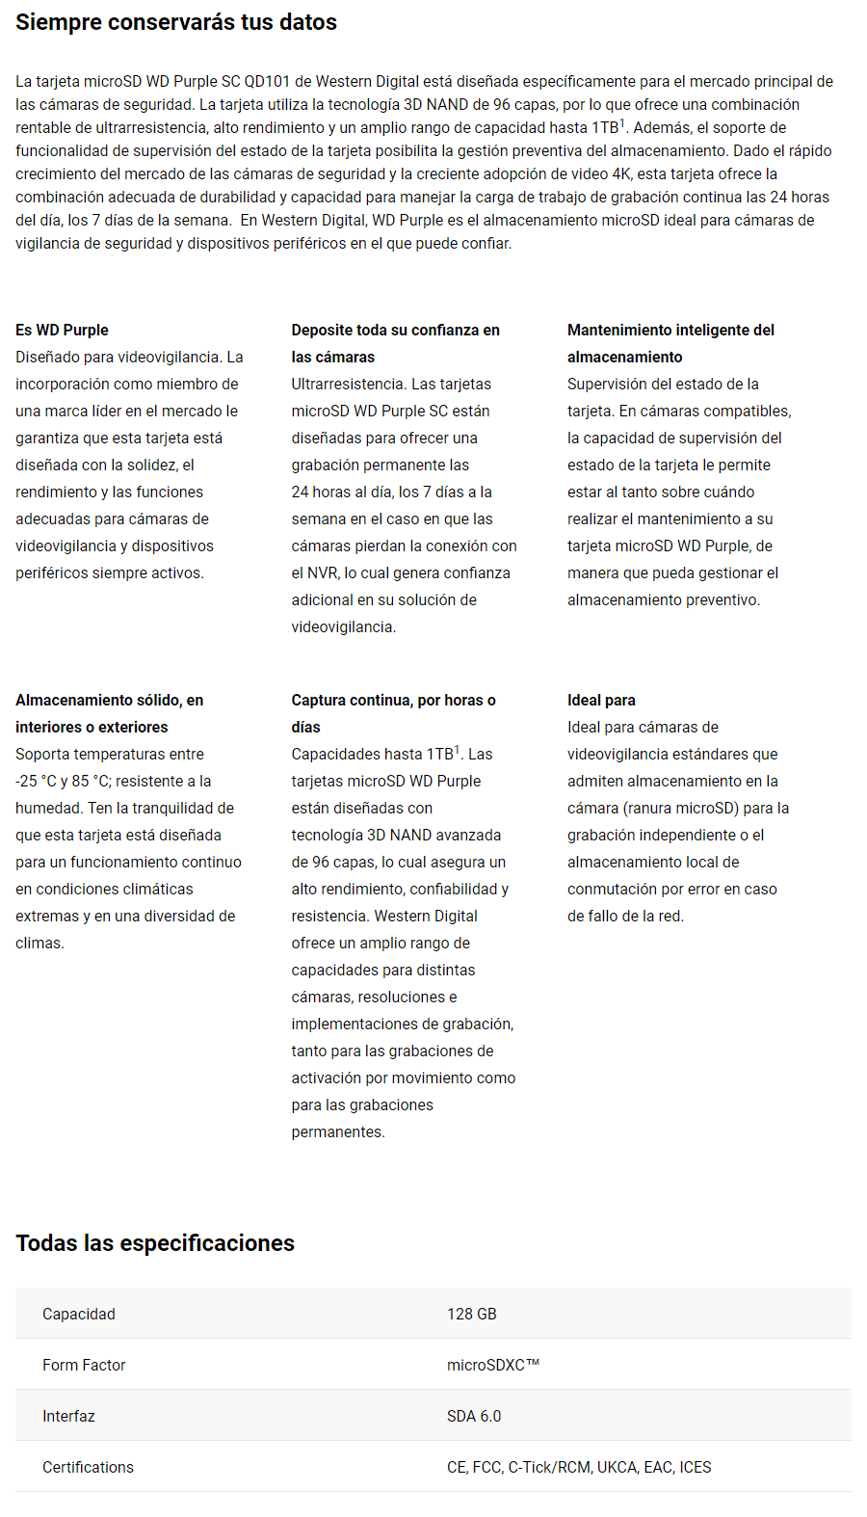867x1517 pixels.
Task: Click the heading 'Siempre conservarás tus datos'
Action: point(176,22)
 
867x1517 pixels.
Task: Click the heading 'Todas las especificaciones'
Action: point(155,1243)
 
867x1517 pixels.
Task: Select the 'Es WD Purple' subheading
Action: point(62,330)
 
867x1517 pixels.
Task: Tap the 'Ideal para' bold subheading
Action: point(601,700)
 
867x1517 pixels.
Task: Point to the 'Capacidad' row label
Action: point(79,1314)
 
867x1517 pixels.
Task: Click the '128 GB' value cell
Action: point(472,1314)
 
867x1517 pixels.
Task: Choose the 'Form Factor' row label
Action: point(84,1365)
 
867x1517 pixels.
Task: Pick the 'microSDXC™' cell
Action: point(493,1365)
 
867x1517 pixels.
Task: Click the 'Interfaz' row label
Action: point(68,1416)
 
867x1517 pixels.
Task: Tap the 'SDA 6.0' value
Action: point(474,1416)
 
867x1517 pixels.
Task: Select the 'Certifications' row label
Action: point(88,1467)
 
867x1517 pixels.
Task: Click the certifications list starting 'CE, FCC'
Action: point(579,1467)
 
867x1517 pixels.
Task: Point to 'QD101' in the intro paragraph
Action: point(267,82)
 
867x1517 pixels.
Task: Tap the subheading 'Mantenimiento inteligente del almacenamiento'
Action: point(670,343)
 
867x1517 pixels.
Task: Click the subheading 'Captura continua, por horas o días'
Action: point(393,713)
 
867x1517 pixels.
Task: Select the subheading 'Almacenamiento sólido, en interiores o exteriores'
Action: point(109,713)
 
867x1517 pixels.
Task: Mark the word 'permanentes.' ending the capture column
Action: point(338,1131)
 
